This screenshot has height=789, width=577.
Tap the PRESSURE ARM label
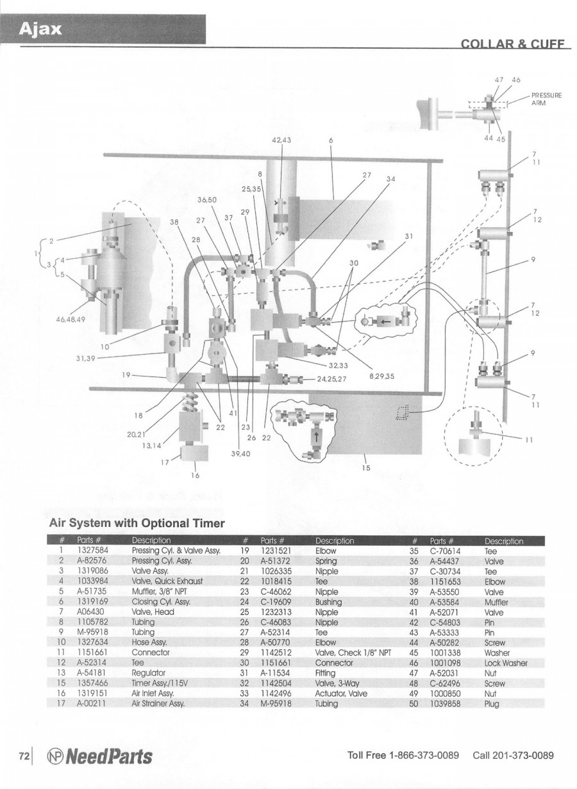[x=546, y=99]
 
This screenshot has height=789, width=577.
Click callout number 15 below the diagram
[x=366, y=468]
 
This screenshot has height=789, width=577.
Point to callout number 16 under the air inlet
[x=196, y=475]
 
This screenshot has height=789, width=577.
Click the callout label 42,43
[x=281, y=140]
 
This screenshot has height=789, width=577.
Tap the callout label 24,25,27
[x=331, y=378]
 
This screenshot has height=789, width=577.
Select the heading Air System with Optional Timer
[x=137, y=523]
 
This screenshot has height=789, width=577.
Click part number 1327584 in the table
[x=92, y=550]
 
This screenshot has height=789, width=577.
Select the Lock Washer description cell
[x=505, y=663]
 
